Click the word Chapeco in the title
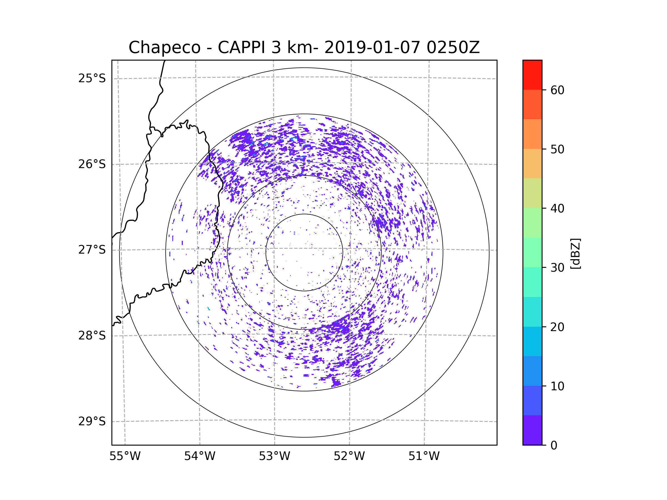[164, 47]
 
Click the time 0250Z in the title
[453, 47]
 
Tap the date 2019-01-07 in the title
[372, 47]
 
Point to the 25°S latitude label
[92, 78]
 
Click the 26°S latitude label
[92, 164]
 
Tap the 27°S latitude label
[92, 250]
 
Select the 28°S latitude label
[92, 336]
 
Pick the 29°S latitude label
[92, 421]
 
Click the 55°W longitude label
[125, 456]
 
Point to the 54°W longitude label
[200, 456]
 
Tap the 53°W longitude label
[274, 456]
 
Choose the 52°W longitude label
[349, 456]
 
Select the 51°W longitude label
[424, 456]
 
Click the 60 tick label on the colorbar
[557, 90]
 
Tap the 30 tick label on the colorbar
[557, 267]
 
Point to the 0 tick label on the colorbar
[554, 446]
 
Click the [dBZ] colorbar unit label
[575, 254]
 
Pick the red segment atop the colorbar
[532, 75]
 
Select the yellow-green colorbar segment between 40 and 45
[532, 193]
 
